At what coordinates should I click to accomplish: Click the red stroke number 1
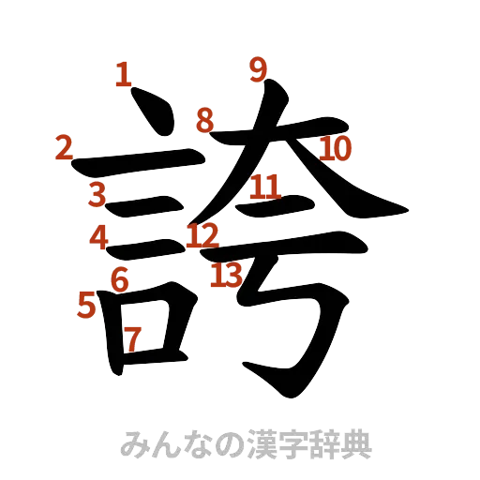pyautogui.click(x=122, y=74)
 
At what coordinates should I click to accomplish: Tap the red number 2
pyautogui.click(x=64, y=147)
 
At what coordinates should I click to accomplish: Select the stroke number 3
pyautogui.click(x=96, y=195)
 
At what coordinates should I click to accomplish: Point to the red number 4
pyautogui.click(x=99, y=237)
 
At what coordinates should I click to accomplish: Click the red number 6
pyautogui.click(x=119, y=278)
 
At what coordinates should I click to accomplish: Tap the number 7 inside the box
pyautogui.click(x=133, y=338)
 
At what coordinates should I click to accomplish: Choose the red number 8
pyautogui.click(x=205, y=120)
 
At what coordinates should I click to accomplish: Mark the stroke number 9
pyautogui.click(x=259, y=68)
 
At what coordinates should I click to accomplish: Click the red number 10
pyautogui.click(x=335, y=148)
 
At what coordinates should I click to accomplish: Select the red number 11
pyautogui.click(x=264, y=187)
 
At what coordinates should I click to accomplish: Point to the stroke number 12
pyautogui.click(x=201, y=234)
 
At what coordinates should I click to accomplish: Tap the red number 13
pyautogui.click(x=226, y=275)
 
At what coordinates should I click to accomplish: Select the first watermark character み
pyautogui.click(x=137, y=443)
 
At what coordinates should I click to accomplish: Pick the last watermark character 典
pyautogui.click(x=356, y=443)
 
